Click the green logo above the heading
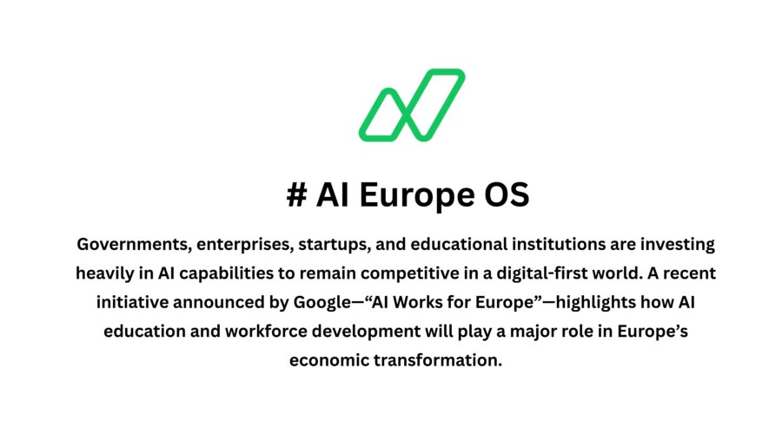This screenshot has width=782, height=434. coord(411,105)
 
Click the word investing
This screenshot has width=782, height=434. coord(668,244)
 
